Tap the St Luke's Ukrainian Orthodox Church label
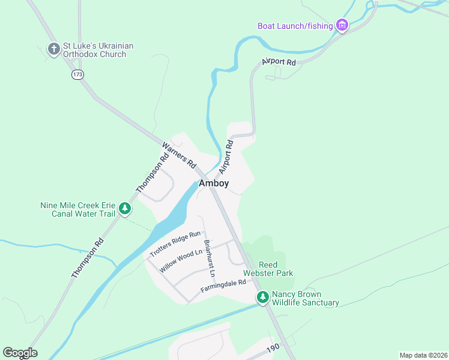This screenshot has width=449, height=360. click(99, 50)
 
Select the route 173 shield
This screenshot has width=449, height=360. click(77, 74)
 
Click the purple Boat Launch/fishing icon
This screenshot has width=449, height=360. click(342, 25)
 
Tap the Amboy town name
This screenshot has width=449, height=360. click(213, 183)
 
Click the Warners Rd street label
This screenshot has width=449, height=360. click(179, 154)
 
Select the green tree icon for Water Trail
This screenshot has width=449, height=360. click(125, 209)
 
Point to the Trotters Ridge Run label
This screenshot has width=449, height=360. click(175, 244)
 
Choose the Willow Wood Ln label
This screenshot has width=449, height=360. click(181, 262)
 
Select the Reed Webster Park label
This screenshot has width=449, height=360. click(276, 269)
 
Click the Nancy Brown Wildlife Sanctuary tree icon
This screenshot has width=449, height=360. click(263, 298)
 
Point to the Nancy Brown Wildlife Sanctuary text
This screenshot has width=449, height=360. click(305, 298)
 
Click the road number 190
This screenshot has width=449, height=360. click(273, 347)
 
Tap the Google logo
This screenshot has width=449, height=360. click(20, 353)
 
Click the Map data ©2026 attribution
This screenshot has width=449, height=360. click(423, 355)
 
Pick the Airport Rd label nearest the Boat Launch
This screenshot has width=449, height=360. click(279, 62)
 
